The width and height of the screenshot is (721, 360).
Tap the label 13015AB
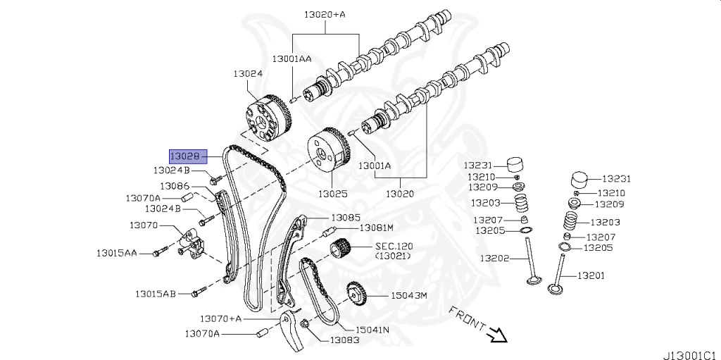pyautogui.click(x=156, y=293)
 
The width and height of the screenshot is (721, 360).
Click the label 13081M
pyautogui.click(x=375, y=228)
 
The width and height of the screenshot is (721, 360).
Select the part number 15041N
pyautogui.click(x=373, y=329)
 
